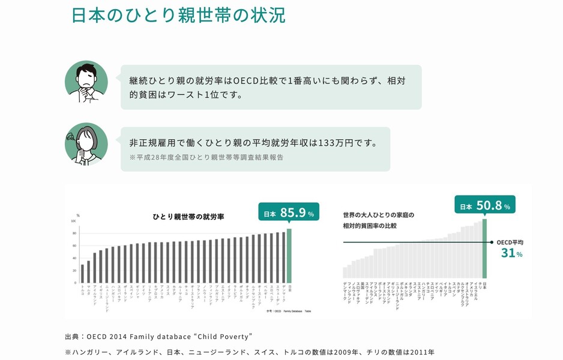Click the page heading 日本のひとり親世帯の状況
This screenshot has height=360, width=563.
click(178, 15)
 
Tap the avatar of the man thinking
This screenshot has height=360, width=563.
click(86, 82)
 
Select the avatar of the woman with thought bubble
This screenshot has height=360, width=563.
click(86, 144)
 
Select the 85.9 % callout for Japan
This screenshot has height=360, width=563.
click(289, 212)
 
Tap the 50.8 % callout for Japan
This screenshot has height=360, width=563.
click(484, 206)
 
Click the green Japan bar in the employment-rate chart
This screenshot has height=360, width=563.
click(289, 255)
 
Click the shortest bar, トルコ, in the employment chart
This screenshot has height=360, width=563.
click(82, 273)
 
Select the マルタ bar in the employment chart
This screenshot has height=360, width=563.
click(88, 271)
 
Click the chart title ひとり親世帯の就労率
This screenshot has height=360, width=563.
click(188, 217)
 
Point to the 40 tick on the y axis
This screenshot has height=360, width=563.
click(74, 258)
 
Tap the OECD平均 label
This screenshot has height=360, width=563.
click(510, 242)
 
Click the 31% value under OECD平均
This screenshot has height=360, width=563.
click(511, 253)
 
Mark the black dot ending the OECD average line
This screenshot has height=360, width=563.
click(491, 242)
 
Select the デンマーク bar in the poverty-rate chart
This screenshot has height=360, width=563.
click(345, 273)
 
